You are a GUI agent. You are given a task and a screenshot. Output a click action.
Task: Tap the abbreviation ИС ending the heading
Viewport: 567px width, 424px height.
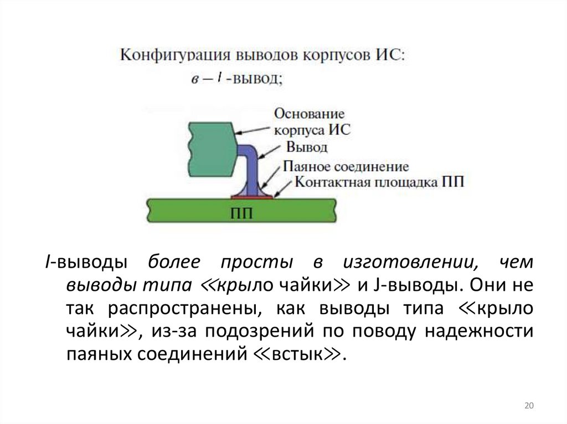(393, 55)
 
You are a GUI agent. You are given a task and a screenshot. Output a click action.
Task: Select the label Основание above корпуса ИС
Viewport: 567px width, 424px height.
(310, 114)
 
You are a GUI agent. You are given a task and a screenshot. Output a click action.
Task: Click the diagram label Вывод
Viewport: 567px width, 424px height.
(307, 147)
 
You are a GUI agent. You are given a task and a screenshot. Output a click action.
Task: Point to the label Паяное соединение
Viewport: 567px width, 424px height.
(346, 166)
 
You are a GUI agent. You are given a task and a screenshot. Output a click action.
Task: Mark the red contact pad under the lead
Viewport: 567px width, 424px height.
(252, 196)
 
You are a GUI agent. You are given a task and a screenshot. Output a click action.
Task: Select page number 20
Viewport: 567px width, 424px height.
(528, 406)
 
